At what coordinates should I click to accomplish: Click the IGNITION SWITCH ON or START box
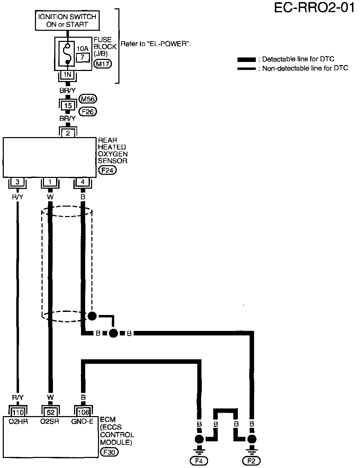[x=67, y=20]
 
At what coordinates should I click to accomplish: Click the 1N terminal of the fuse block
[x=67, y=74]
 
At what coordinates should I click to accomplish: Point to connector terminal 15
[x=68, y=105]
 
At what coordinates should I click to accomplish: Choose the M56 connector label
[x=88, y=99]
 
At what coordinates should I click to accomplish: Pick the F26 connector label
[x=88, y=111]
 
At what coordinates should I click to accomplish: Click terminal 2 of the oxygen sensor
[x=68, y=133]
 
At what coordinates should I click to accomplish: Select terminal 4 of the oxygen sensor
[x=83, y=182]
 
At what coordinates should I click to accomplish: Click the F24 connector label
[x=107, y=170]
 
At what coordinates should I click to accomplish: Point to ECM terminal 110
[x=18, y=412]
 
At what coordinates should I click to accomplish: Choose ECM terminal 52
[x=50, y=412]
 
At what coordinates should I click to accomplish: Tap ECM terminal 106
[x=83, y=412]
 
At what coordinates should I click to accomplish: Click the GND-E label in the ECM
[x=82, y=421]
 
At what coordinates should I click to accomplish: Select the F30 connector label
[x=109, y=452]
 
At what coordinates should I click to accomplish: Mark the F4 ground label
[x=199, y=461]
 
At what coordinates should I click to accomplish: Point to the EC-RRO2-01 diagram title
[x=314, y=8]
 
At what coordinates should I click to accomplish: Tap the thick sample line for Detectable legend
[x=246, y=60]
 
